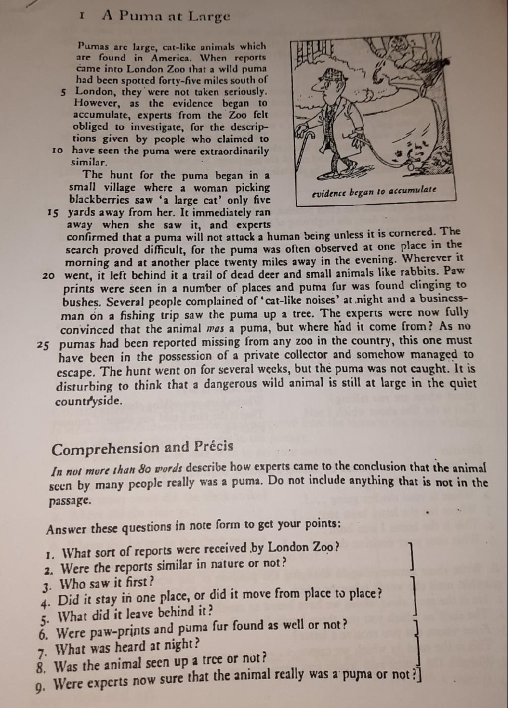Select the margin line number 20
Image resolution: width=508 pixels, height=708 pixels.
click(x=49, y=275)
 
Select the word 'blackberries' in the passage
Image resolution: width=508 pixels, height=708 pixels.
click(x=99, y=200)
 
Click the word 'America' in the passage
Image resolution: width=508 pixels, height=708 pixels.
click(x=173, y=58)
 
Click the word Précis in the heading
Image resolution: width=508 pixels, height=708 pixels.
click(x=214, y=446)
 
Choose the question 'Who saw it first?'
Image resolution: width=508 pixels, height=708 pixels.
click(x=106, y=583)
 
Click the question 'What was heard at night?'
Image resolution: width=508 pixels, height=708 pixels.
click(x=127, y=647)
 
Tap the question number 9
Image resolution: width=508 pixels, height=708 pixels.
click(x=40, y=688)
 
